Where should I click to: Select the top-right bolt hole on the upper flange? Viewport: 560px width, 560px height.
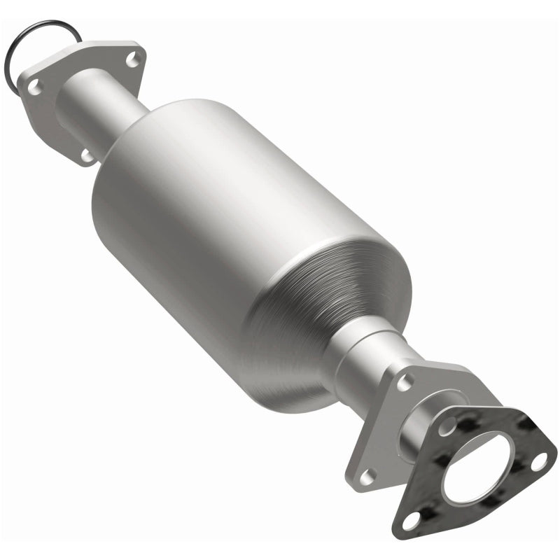point(132,61)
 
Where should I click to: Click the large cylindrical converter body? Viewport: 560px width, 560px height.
point(210,203)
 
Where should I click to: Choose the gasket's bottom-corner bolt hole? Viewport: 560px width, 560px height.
point(414,519)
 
